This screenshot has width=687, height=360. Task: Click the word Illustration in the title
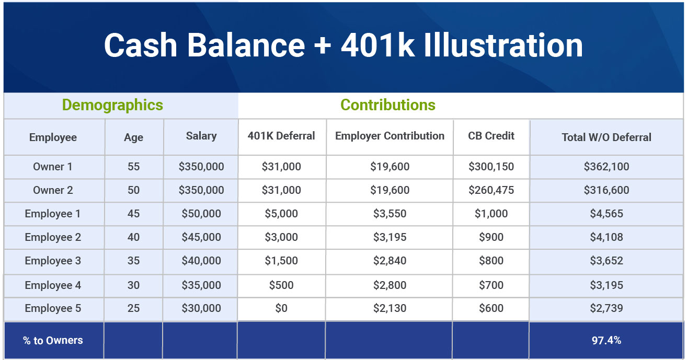503,45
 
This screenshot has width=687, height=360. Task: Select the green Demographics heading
112,105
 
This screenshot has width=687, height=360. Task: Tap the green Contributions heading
388,105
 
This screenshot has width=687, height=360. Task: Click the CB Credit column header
491,136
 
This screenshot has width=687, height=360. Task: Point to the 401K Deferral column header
281,136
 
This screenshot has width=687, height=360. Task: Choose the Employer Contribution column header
390,136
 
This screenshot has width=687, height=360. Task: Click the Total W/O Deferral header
606,137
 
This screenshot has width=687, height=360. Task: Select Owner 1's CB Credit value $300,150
491,166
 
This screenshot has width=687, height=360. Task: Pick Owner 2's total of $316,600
606,190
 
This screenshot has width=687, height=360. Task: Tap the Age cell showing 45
133,214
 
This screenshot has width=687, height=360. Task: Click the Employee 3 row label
53,260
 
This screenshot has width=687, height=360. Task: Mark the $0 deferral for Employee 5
281,308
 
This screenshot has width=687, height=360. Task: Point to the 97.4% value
606,340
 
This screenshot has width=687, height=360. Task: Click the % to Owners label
53,340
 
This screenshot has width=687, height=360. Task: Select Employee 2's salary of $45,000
201,237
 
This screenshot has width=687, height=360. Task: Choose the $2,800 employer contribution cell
390,285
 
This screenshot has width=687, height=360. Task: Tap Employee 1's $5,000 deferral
281,214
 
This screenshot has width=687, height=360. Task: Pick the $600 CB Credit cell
491,308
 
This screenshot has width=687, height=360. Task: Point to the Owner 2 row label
53,190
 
